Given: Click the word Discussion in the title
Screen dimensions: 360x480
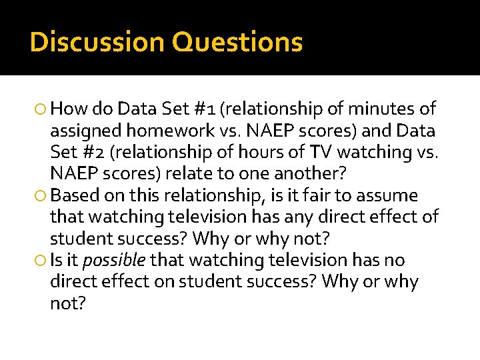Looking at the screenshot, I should (x=97, y=42).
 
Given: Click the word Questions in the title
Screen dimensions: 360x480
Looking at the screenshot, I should (x=237, y=42).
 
